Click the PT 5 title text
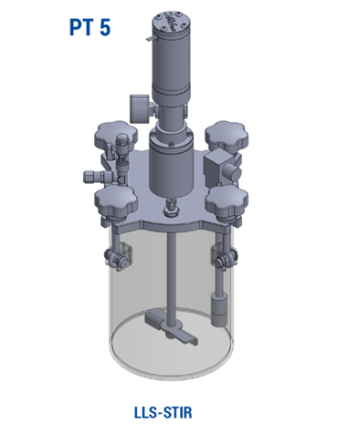90,28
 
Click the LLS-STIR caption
163,413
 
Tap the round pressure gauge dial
140,108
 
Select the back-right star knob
227,136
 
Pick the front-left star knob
116,202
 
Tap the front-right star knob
227,202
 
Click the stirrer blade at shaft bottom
171,327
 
